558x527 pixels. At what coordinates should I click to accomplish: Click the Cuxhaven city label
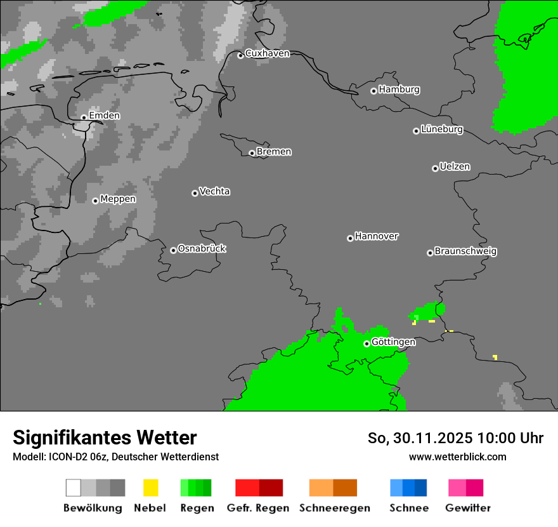(267, 53)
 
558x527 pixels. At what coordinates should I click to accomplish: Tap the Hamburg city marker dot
(374, 91)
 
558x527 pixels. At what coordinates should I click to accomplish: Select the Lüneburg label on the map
(442, 130)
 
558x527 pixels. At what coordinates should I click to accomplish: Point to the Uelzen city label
(455, 167)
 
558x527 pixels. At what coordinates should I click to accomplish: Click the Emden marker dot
(84, 117)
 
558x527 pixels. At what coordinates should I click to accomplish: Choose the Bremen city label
(274, 152)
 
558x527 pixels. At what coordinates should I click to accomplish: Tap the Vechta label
(214, 192)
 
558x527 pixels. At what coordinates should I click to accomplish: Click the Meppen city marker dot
(95, 201)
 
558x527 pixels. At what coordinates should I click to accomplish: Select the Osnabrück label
(202, 249)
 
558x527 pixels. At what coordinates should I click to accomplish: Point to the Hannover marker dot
(350, 238)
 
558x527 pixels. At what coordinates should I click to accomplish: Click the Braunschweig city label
(465, 251)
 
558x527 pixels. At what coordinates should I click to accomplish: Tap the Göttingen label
(393, 342)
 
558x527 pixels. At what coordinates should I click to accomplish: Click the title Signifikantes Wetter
(105, 438)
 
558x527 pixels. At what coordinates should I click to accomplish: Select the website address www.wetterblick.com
(457, 457)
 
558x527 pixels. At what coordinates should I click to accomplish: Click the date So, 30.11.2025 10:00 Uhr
(455, 438)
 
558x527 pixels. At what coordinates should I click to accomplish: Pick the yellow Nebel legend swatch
(150, 488)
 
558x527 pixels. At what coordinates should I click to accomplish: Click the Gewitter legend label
(468, 508)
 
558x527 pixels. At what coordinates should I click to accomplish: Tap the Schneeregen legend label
(335, 508)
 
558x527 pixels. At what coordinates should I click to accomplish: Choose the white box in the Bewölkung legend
(74, 488)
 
